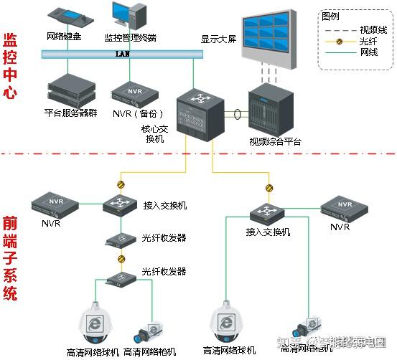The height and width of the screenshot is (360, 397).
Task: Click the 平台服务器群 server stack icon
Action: pos(71,88)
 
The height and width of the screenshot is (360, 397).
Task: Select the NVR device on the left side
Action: pos(51,204)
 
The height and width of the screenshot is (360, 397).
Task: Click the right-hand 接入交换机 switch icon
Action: pos(268,212)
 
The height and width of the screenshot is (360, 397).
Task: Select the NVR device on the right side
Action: pos(345,207)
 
